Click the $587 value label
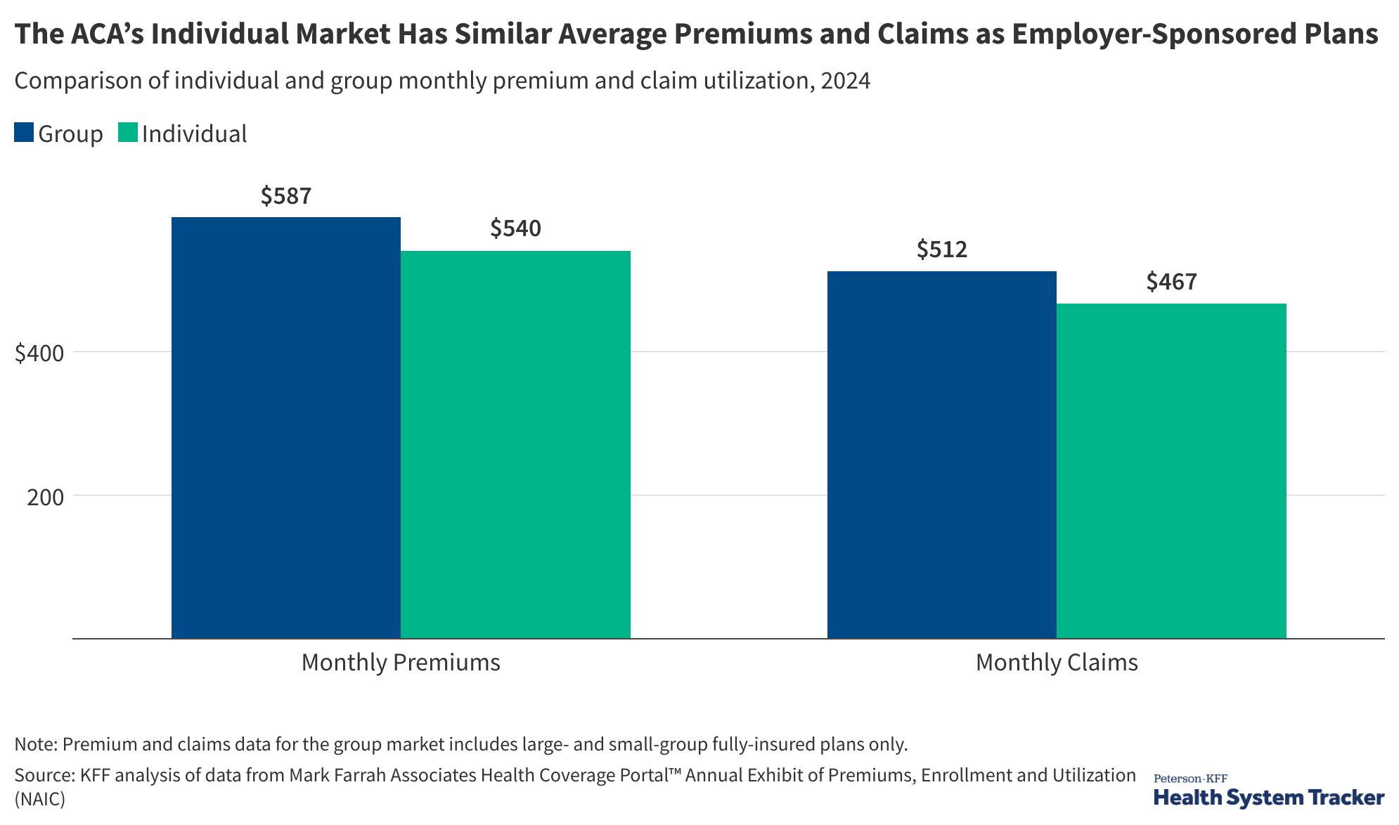286,196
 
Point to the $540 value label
515,228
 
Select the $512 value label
941,249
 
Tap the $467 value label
1171,282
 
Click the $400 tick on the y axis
39,353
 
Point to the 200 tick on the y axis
46,497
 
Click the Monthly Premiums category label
401,663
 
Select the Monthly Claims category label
1057,663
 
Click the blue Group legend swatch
24,133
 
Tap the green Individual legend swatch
128,133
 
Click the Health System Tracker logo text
1269,798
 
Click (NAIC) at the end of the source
39,799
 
